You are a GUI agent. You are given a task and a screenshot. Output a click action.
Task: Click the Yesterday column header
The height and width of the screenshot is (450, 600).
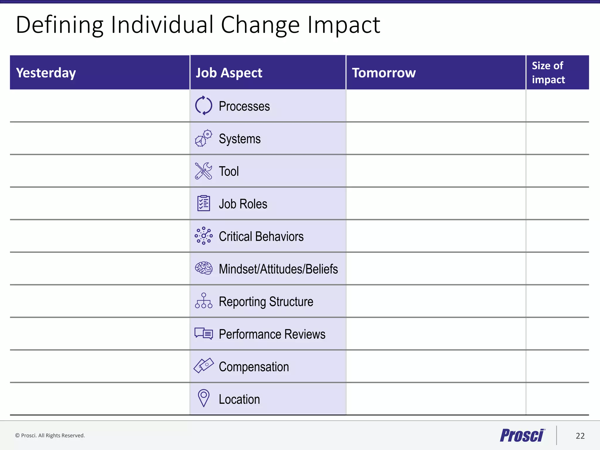(46, 73)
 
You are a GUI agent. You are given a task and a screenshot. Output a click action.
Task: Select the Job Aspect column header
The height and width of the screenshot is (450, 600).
(229, 73)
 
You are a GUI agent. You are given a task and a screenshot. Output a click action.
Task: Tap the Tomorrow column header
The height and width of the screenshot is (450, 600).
(384, 73)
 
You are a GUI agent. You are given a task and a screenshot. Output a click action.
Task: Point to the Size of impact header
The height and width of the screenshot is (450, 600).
(548, 72)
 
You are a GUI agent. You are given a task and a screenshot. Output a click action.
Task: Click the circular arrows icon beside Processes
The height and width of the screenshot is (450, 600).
(204, 105)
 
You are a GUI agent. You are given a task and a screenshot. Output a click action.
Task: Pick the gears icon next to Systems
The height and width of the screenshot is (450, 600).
(204, 138)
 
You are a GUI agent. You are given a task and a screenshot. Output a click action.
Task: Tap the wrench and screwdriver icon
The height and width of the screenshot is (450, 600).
(204, 171)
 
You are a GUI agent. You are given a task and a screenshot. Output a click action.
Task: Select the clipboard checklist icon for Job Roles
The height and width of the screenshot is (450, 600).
(204, 203)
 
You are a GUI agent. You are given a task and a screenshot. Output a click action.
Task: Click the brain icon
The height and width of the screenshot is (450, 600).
(204, 268)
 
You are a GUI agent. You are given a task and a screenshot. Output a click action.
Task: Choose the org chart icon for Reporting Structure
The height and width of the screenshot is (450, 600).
(204, 301)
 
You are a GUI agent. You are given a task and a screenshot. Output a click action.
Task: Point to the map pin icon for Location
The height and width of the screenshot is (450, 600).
(204, 398)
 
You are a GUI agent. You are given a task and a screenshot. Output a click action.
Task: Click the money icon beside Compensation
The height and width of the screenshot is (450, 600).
(204, 366)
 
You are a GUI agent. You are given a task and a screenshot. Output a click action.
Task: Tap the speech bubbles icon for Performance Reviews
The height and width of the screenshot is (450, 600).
(204, 333)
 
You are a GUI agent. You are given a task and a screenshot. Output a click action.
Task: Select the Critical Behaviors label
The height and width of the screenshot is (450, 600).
(261, 236)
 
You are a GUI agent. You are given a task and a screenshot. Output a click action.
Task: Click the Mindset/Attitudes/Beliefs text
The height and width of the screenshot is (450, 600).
(278, 269)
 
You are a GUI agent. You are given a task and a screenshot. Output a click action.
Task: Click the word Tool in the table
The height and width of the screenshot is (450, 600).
(229, 171)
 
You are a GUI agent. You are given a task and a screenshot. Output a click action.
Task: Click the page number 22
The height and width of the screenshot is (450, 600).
(580, 436)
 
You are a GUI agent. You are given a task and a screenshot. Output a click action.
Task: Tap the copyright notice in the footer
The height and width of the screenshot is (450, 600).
(50, 436)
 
